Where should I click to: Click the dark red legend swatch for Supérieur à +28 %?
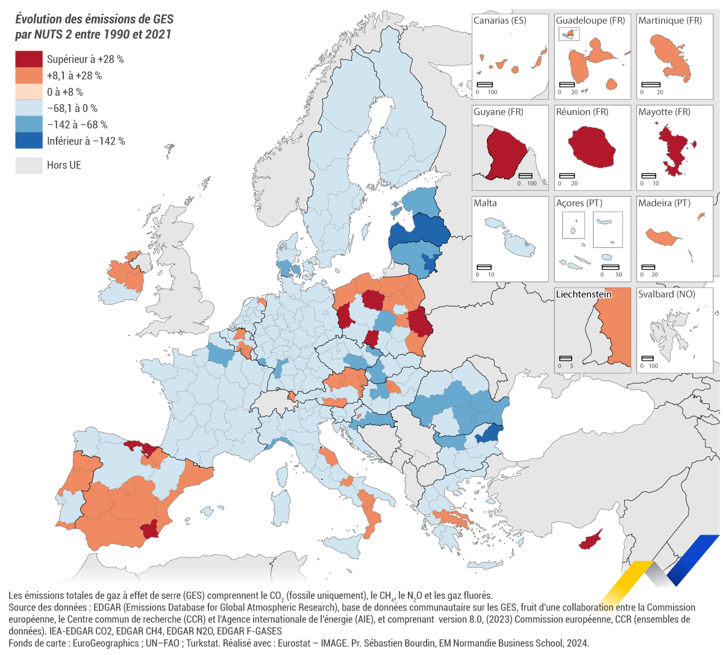click(x=29, y=59)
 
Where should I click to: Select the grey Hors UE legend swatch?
click(x=29, y=165)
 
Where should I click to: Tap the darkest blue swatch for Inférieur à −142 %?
click(x=29, y=141)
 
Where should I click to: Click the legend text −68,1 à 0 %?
click(x=72, y=108)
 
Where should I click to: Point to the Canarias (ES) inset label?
click(x=499, y=20)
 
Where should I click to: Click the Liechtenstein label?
click(x=583, y=294)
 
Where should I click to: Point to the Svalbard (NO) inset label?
click(x=666, y=294)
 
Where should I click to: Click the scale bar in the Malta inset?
click(x=484, y=267)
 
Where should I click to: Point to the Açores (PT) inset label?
click(x=579, y=203)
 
